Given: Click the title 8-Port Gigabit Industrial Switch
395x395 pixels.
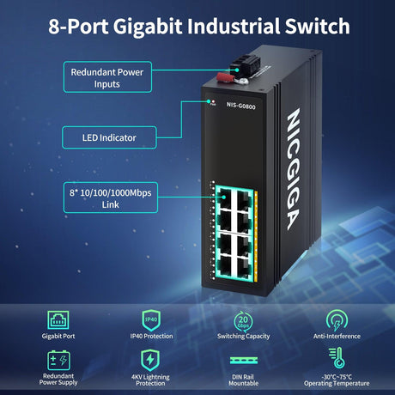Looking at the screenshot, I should click(x=197, y=26).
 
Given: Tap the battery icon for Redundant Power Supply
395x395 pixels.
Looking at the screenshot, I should click(x=59, y=358).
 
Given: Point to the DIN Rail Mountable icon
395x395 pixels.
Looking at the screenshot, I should click(x=243, y=359).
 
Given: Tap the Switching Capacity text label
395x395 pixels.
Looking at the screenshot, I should click(x=243, y=337).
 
